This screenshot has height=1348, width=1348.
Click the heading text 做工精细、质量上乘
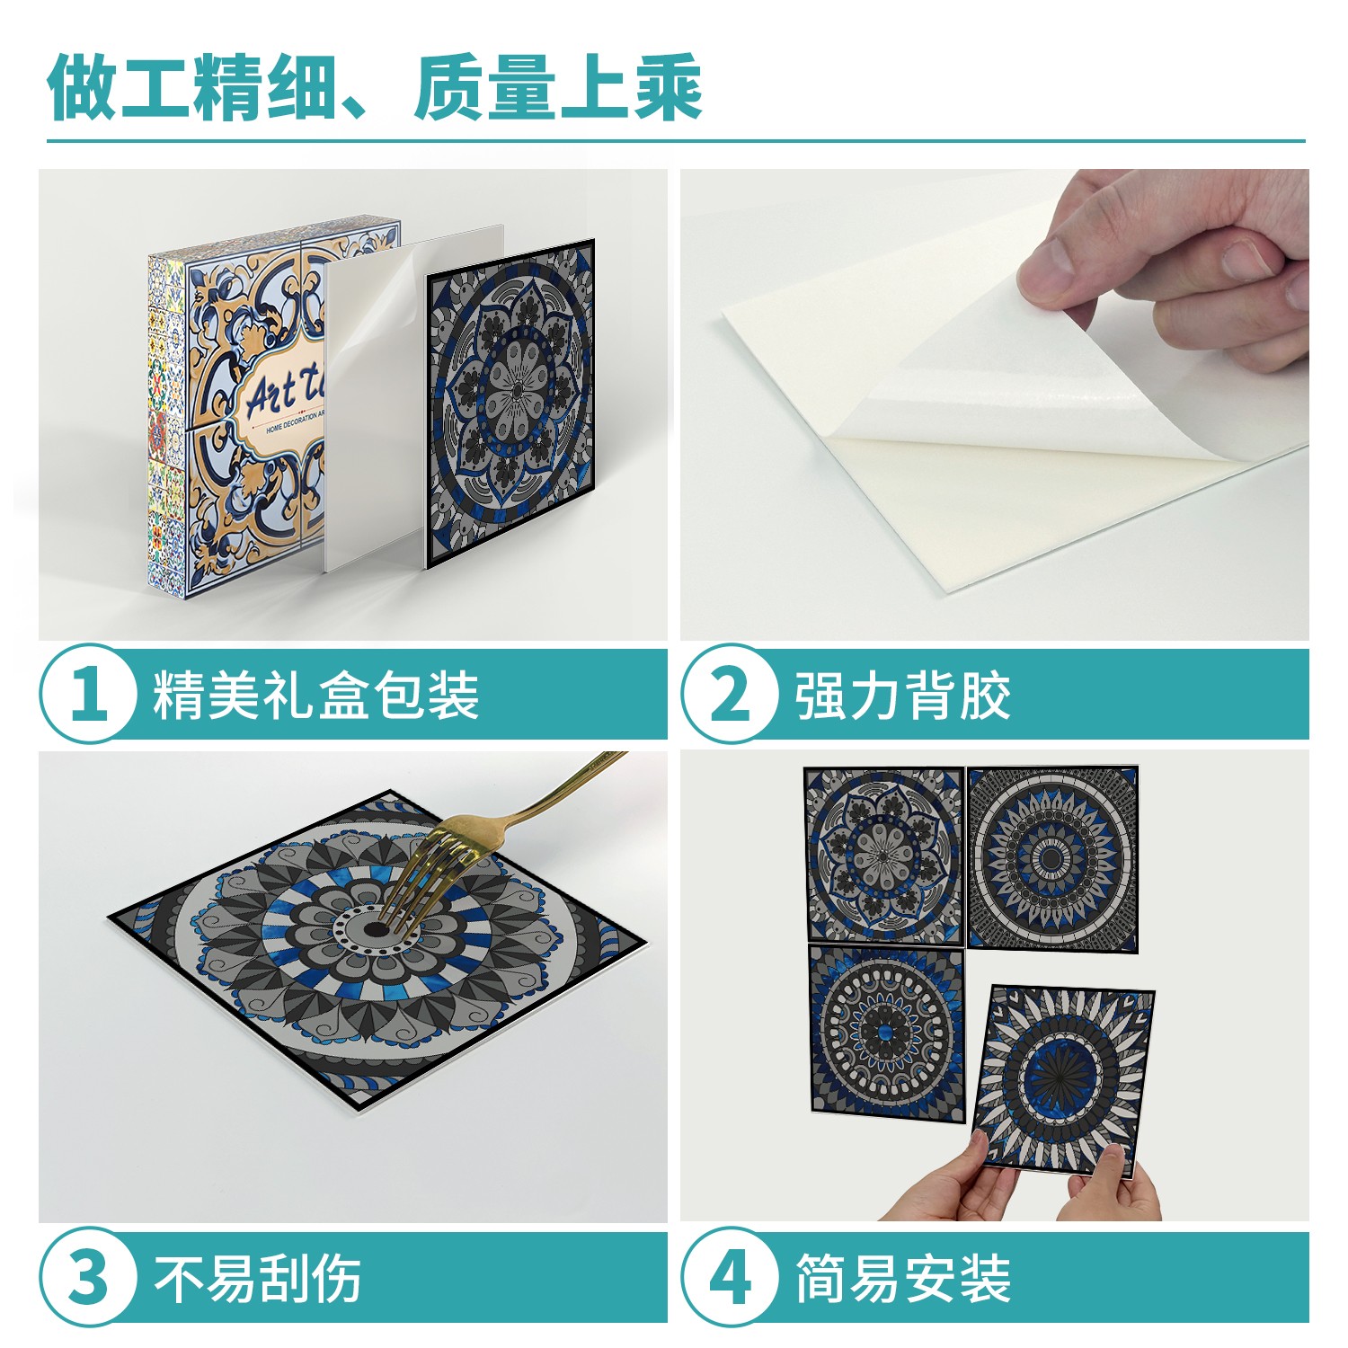[x=375, y=87]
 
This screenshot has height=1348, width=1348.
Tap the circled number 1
[x=88, y=694]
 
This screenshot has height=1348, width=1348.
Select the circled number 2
[x=730, y=694]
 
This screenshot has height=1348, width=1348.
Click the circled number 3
[x=88, y=1276]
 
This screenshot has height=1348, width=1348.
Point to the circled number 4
[x=730, y=1276]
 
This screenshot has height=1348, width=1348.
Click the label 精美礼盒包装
[x=315, y=695]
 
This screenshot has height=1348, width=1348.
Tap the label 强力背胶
[x=903, y=695]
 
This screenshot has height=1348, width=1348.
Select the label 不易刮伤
[x=258, y=1277]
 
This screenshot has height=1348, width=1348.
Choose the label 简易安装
[x=903, y=1277]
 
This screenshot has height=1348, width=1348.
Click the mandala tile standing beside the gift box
[x=510, y=404]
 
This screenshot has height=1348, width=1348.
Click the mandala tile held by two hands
[x=1065, y=1078]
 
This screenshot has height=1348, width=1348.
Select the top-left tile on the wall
[x=884, y=854]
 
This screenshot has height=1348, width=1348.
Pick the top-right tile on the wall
[x=1052, y=858]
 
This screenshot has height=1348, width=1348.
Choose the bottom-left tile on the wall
[x=886, y=1028]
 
